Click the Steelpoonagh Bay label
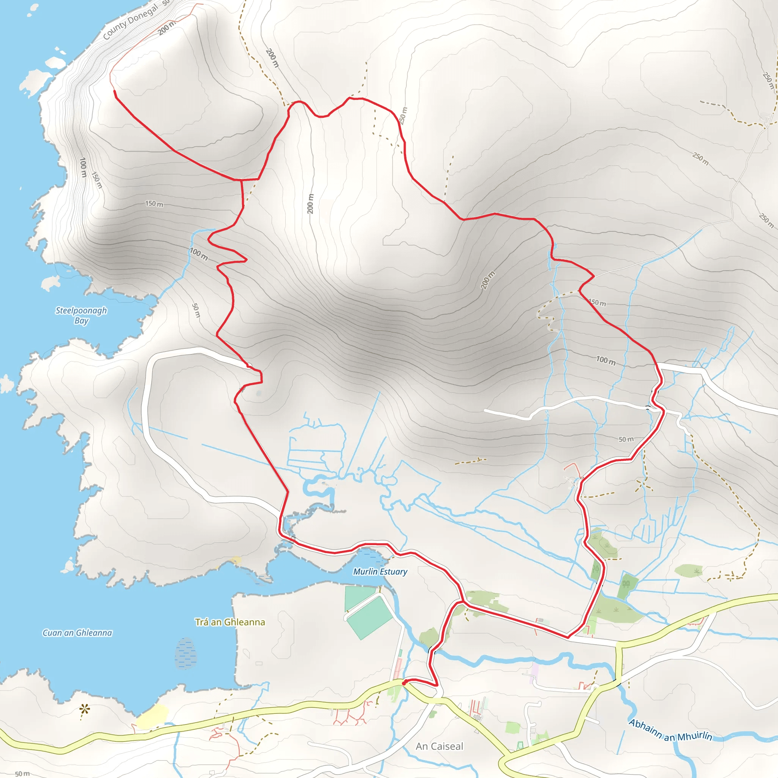click(x=81, y=315)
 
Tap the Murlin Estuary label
click(x=380, y=571)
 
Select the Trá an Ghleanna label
click(x=230, y=622)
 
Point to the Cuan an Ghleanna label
click(x=77, y=633)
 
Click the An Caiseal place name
click(x=440, y=746)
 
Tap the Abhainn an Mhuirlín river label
click(x=670, y=731)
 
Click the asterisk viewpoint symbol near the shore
click(x=84, y=708)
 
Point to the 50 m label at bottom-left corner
click(x=22, y=773)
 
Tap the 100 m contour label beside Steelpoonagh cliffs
click(x=83, y=167)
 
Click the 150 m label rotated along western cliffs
click(x=97, y=180)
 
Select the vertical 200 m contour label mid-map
click(x=310, y=204)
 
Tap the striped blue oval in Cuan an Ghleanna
click(x=186, y=653)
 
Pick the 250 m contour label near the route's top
click(x=403, y=115)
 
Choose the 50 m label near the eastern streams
click(x=626, y=440)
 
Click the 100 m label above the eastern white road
click(x=606, y=361)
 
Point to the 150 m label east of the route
click(x=597, y=302)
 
